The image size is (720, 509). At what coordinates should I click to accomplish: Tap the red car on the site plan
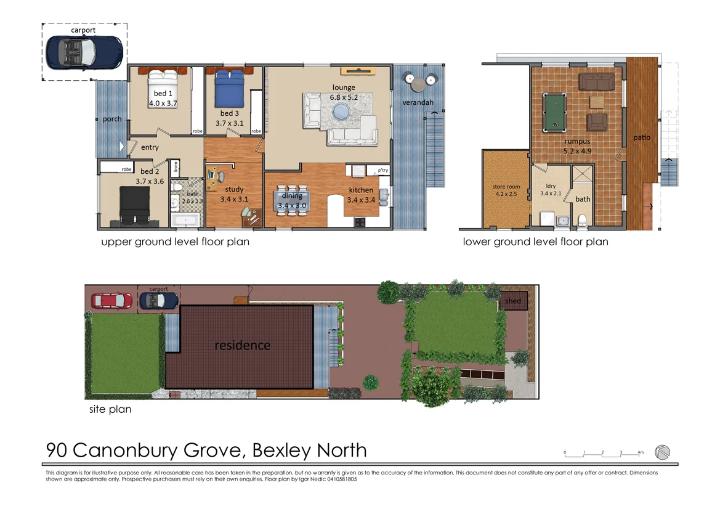tap(111, 301)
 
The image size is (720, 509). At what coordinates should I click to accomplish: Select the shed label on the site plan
tap(513, 301)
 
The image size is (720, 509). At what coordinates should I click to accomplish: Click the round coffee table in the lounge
tap(341, 111)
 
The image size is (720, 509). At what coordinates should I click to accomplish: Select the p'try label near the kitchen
tap(376, 170)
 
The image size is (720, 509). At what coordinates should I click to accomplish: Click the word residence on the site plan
tap(242, 345)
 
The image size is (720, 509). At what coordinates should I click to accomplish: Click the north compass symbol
tap(662, 452)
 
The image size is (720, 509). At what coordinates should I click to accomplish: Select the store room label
tap(506, 186)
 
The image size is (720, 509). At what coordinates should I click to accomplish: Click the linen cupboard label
tap(176, 166)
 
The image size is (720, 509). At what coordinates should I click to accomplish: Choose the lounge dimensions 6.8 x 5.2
tap(344, 97)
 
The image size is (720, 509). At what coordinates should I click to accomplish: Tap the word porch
tap(112, 119)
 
